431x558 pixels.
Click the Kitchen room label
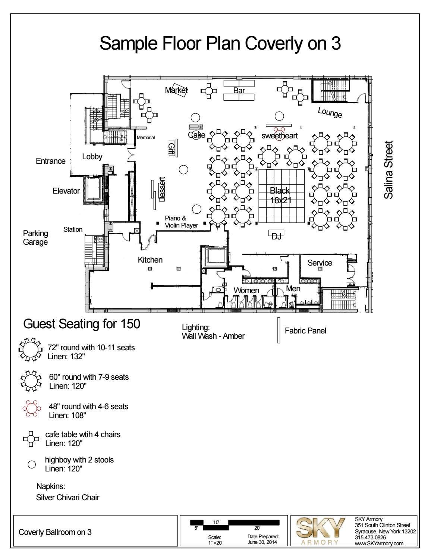coord(150,260)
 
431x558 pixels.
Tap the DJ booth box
coord(276,233)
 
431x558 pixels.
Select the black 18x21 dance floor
coord(281,196)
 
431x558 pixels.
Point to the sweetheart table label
coord(280,136)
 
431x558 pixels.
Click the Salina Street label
coord(388,170)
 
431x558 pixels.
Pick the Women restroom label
coord(246,291)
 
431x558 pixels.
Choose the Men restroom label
coord(293,289)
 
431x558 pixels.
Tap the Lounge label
coord(330,113)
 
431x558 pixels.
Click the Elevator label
coord(66,191)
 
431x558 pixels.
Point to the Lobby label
coord(92,156)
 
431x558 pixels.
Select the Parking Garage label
coord(35,238)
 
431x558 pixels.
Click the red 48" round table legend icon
coord(32,408)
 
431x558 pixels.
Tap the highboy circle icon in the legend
coord(32,464)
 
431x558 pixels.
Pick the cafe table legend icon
coord(31,439)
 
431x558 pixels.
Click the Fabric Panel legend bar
coord(279,330)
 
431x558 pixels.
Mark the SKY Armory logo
coord(320,532)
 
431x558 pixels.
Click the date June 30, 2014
coord(262,542)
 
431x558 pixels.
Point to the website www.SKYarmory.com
coord(379,543)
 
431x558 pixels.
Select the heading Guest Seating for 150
coord(82,324)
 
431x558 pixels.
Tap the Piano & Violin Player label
coord(181,222)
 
